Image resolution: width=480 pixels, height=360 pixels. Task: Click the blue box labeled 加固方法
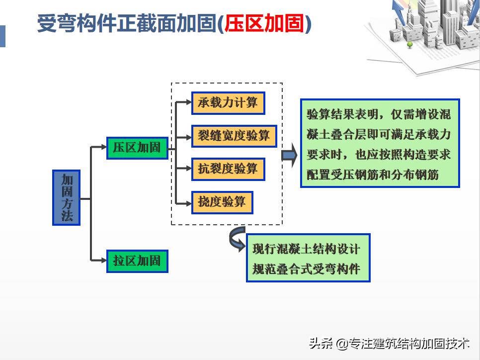click(66, 197)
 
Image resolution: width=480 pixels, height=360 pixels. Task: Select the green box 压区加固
click(137, 148)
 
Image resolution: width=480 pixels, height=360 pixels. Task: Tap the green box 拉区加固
click(137, 261)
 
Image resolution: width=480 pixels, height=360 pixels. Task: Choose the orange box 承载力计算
click(228, 103)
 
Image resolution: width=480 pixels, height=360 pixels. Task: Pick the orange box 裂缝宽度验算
click(234, 136)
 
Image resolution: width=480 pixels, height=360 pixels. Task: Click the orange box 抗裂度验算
click(228, 169)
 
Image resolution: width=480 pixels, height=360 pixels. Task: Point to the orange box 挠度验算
click(222, 202)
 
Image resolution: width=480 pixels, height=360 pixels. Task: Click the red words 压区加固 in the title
click(264, 24)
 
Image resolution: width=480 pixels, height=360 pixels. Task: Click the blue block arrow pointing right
click(289, 155)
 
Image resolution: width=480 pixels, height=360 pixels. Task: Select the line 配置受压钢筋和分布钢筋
click(373, 175)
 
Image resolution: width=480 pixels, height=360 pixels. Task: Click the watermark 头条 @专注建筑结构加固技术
click(389, 343)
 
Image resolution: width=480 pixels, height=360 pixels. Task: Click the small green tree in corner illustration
click(410, 45)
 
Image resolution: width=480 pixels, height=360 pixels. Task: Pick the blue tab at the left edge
click(2, 36)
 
